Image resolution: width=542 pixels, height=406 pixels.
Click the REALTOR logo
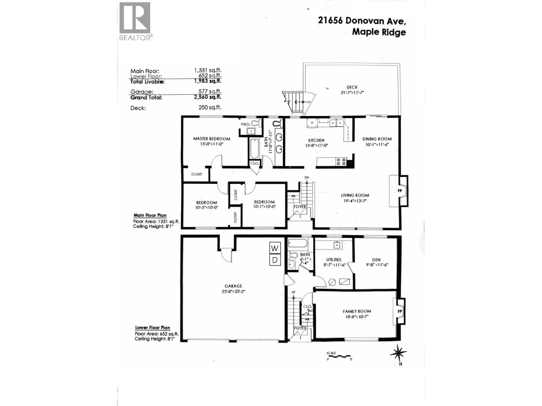(x=135, y=21)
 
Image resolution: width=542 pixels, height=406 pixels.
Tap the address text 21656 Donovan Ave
(x=362, y=20)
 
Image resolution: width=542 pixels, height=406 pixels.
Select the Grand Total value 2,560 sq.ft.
(x=207, y=97)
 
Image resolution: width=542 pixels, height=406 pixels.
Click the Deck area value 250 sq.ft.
(x=210, y=108)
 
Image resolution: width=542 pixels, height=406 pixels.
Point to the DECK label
(x=352, y=87)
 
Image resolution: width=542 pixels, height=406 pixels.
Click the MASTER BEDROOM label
(x=212, y=139)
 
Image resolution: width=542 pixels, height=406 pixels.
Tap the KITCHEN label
(x=316, y=140)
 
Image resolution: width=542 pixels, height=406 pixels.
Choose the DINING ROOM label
(x=377, y=139)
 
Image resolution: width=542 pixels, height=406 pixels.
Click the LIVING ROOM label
(x=355, y=195)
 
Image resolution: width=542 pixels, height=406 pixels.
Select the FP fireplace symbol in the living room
(x=400, y=190)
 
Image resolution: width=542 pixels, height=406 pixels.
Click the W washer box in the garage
(x=275, y=248)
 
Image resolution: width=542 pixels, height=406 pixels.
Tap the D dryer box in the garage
(x=275, y=260)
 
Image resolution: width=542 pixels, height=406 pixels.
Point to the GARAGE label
(x=233, y=286)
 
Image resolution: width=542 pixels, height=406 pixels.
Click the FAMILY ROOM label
(x=357, y=311)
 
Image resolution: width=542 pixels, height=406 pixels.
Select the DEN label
(x=376, y=260)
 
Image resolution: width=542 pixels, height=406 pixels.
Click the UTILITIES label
(x=334, y=260)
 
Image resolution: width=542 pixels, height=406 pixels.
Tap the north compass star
(x=398, y=353)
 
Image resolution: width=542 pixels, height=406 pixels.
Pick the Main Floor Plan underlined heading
(x=150, y=215)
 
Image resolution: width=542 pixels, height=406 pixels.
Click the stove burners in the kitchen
(x=341, y=162)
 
